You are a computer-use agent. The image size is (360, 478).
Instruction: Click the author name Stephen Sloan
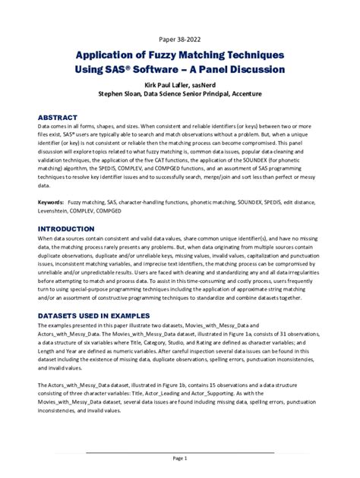pyautogui.click(x=120, y=94)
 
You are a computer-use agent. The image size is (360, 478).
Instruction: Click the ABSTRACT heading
pyautogui.click(x=58, y=118)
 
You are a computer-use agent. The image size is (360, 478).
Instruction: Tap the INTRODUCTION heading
pyautogui.click(x=66, y=228)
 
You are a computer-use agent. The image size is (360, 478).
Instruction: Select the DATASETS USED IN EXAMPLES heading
pyautogui.click(x=99, y=314)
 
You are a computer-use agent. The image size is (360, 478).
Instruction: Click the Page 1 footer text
pyautogui.click(x=180, y=458)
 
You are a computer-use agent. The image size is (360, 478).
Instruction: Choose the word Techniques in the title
pyautogui.click(x=254, y=55)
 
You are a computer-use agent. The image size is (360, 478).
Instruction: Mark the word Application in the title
pyautogui.click(x=104, y=55)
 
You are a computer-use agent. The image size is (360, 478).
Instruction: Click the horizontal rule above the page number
pyautogui.click(x=180, y=452)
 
